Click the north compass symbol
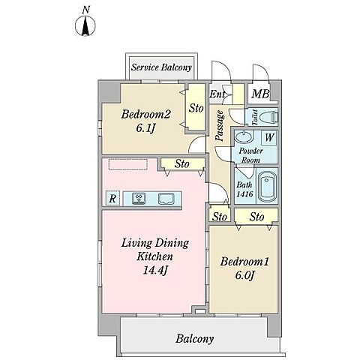(x=85, y=25)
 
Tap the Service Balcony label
(x=161, y=67)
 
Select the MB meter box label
(x=260, y=94)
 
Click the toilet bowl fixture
(x=269, y=117)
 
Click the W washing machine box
(x=269, y=137)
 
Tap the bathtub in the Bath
(x=267, y=186)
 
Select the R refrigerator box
(x=112, y=199)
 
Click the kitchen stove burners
(x=139, y=199)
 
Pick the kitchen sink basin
(x=166, y=199)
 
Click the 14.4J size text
(x=155, y=271)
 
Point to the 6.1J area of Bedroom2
(x=146, y=128)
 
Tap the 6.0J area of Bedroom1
(x=245, y=275)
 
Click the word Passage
(x=219, y=126)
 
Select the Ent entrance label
(x=217, y=94)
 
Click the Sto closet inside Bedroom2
(x=196, y=108)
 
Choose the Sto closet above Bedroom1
(x=256, y=217)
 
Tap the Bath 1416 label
(x=244, y=190)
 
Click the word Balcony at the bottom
(x=194, y=339)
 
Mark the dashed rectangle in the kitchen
(x=128, y=164)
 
